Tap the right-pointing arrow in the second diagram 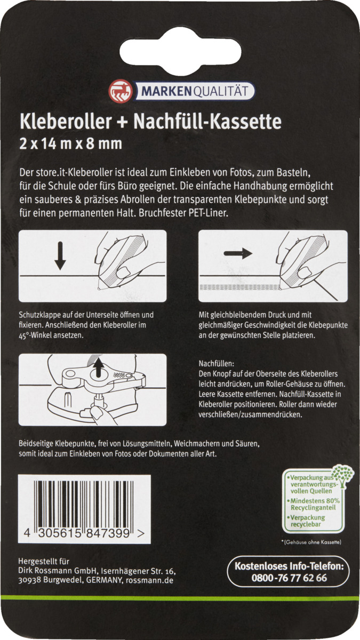(x=238, y=253)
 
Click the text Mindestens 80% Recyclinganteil (x=315, y=505)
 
